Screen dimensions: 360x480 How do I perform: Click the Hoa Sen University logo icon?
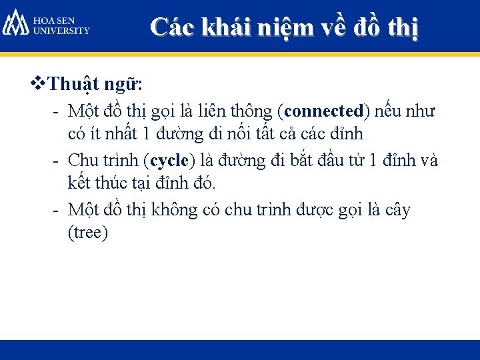[15, 22]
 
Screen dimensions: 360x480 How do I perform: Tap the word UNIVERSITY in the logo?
[62, 30]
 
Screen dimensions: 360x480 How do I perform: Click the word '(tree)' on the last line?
[87, 233]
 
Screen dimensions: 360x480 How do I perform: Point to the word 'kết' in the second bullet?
[79, 181]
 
